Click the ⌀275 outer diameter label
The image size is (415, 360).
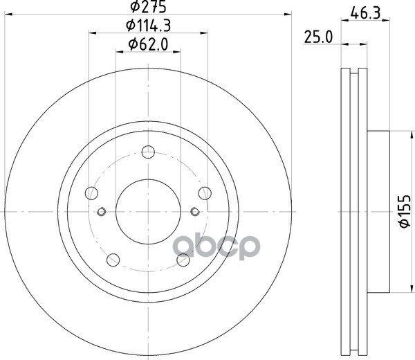click(149, 6)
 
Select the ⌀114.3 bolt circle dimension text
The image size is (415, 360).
click(148, 26)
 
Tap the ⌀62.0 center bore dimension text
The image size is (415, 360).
click(148, 44)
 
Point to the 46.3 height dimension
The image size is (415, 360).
click(365, 13)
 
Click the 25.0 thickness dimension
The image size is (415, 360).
click(318, 37)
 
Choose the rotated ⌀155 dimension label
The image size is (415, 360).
click(405, 211)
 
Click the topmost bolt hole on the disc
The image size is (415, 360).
click(148, 152)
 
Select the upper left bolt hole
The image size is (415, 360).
click(91, 193)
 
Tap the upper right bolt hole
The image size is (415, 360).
click(205, 193)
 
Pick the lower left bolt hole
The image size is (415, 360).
click(113, 260)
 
